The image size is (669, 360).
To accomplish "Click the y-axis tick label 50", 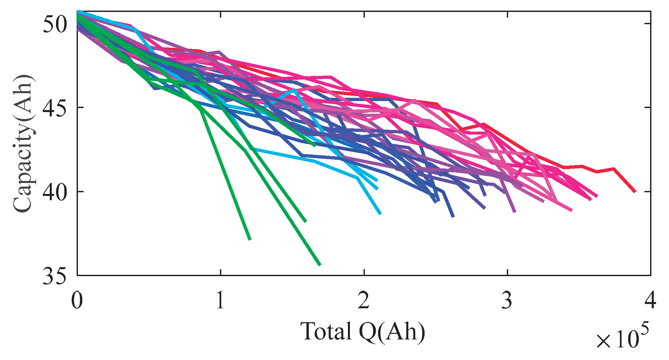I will pyautogui.click(x=55, y=24).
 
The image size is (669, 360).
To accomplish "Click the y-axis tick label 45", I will pyautogui.click(x=55, y=108).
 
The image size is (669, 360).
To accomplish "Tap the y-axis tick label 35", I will pyautogui.click(x=55, y=276).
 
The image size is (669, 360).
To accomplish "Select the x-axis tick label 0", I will pyautogui.click(x=77, y=300).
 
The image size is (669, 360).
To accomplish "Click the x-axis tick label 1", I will pyautogui.click(x=220, y=300).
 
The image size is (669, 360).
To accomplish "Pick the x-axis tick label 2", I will pyautogui.click(x=364, y=300).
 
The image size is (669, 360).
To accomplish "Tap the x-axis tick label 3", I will pyautogui.click(x=507, y=300).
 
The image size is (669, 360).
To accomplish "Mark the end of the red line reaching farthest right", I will pyautogui.click(x=635, y=192).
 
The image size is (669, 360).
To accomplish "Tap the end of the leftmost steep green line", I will pyautogui.click(x=250, y=239).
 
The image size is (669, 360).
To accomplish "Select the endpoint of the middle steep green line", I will pyautogui.click(x=306, y=221).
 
